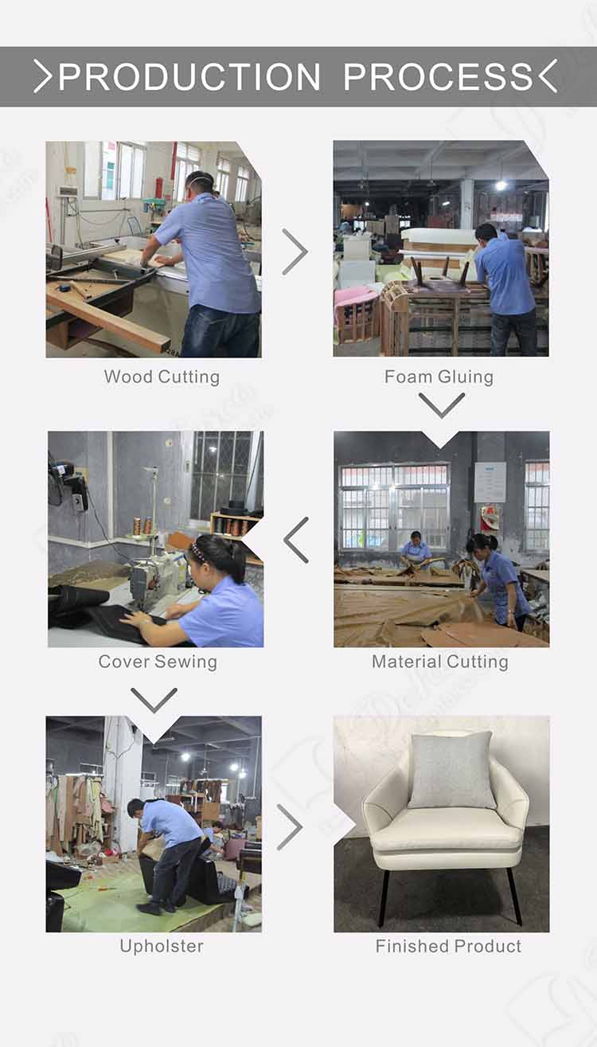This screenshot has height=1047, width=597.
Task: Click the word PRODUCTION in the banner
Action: click(189, 76)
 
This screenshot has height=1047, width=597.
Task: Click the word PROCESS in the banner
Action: click(438, 76)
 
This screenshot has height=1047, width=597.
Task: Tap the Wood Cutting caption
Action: click(162, 377)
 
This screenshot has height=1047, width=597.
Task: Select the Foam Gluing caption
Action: click(439, 377)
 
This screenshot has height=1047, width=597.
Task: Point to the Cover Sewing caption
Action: click(158, 662)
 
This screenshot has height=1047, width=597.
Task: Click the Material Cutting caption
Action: click(440, 662)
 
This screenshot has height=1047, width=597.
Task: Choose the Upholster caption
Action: click(162, 946)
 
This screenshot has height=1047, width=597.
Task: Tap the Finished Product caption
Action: click(448, 946)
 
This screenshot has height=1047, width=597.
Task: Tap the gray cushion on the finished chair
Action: click(451, 770)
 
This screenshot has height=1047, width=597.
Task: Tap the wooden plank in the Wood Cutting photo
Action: click(108, 317)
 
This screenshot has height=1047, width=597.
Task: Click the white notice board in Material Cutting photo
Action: click(490, 482)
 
